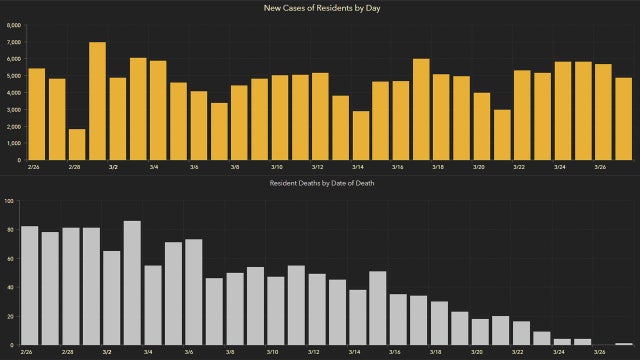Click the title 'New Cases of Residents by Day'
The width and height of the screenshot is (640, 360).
[320, 8]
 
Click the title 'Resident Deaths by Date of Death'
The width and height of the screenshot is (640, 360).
[320, 184]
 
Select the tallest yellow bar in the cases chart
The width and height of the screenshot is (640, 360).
[97, 100]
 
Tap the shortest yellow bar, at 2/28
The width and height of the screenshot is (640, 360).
[77, 144]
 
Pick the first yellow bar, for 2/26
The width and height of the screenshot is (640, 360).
[36, 114]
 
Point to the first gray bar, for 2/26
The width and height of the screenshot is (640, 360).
[30, 285]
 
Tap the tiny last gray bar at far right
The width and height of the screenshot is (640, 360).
[624, 343]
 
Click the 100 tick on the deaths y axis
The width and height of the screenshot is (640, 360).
[8, 201]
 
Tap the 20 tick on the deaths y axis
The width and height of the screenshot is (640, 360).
[9, 316]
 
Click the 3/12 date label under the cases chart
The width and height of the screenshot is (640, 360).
[316, 168]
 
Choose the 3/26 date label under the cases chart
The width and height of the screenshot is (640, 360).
[599, 168]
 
